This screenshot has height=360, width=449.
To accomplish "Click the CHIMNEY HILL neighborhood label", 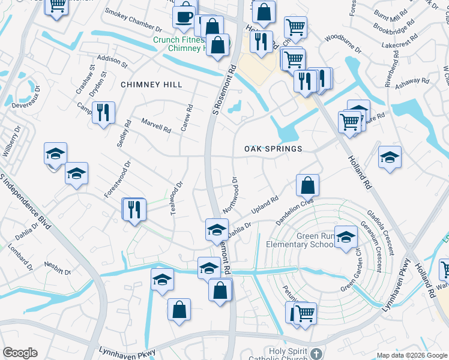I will pyautogui.click(x=151, y=85).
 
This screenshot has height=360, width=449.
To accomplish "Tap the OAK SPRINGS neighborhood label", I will pyautogui.click(x=273, y=148).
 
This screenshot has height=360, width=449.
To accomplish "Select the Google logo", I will pyautogui.click(x=20, y=353).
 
